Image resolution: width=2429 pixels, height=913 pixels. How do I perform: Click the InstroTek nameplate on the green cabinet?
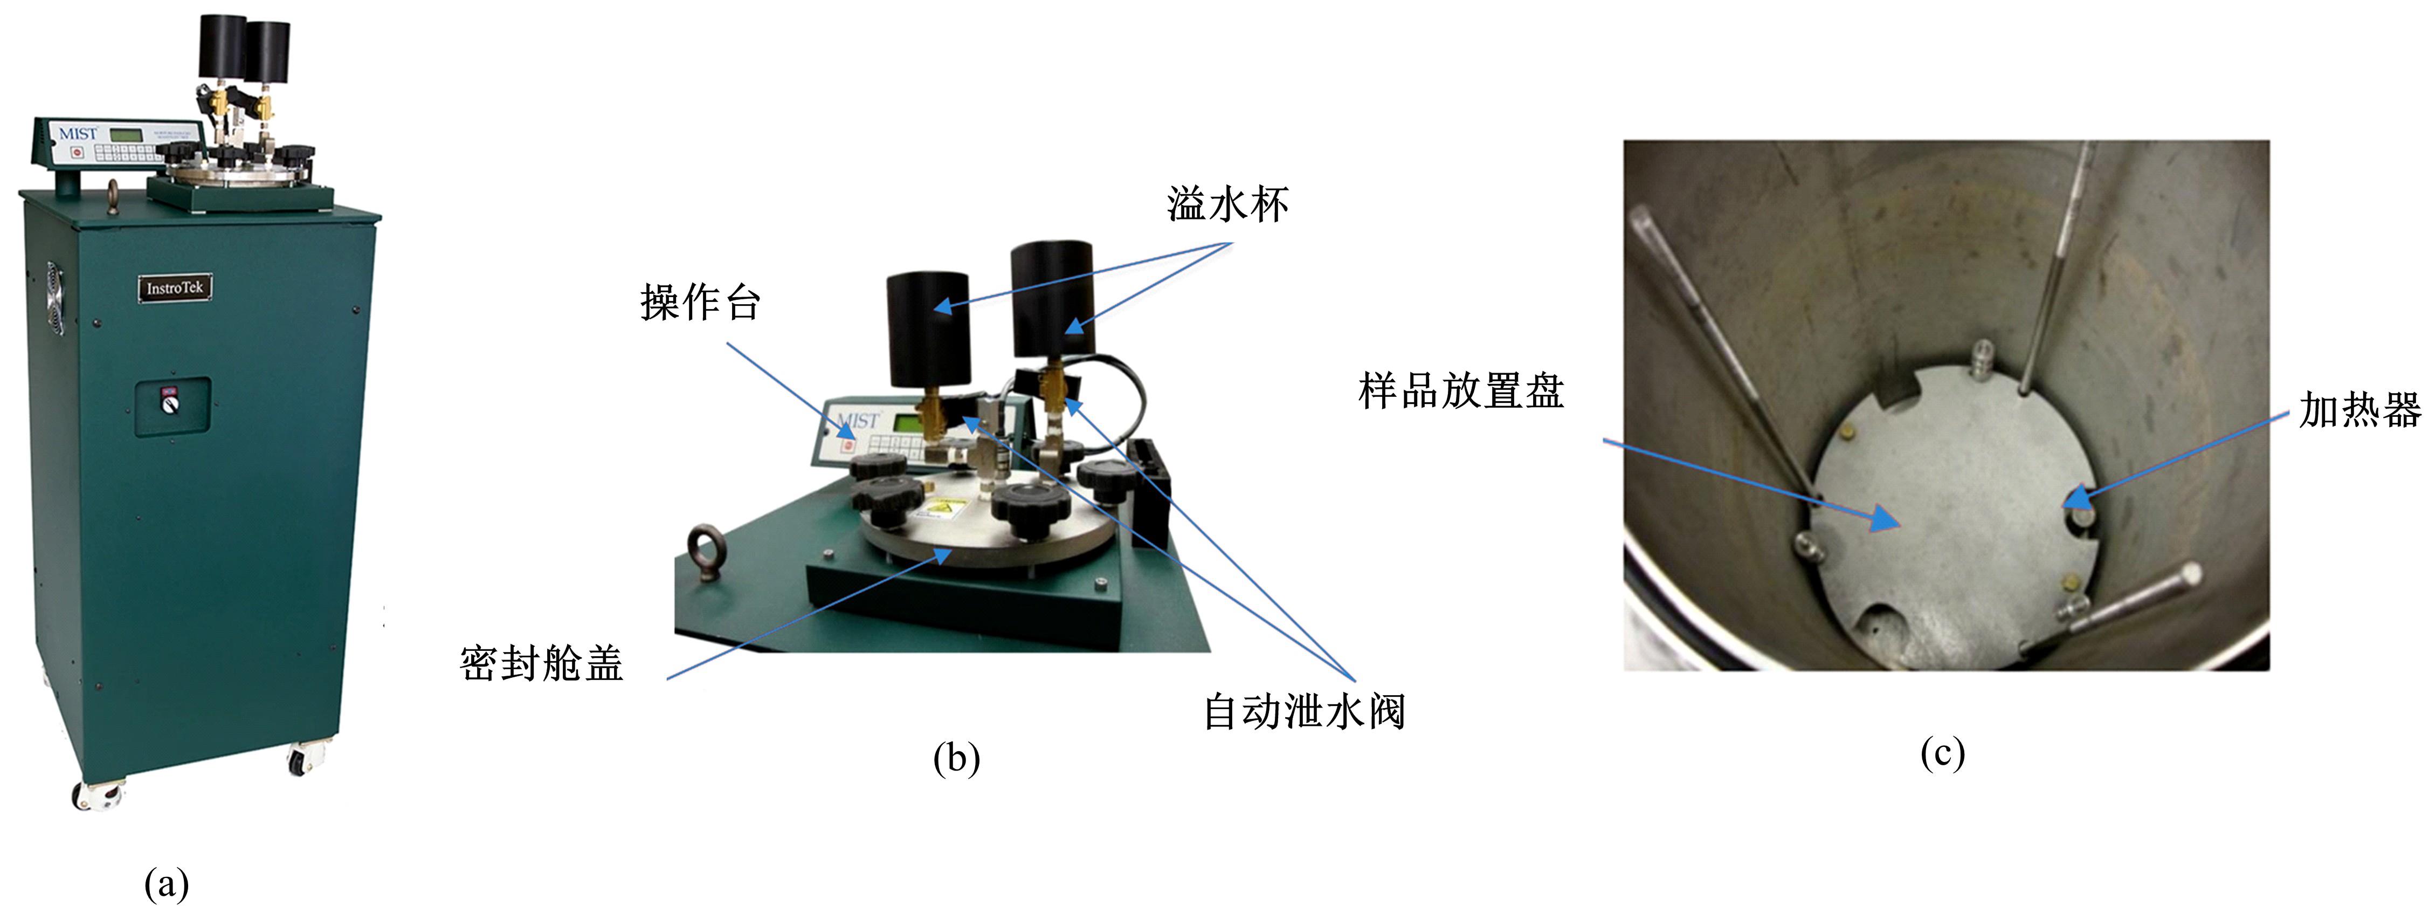pos(175,287)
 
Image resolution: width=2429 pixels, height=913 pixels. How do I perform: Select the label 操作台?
pos(700,303)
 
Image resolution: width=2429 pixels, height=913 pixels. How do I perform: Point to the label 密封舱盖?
pos(541,664)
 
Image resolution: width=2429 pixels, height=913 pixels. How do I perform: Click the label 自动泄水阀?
pos(1304,711)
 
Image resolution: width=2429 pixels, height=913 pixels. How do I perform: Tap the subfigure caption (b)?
pos(956,757)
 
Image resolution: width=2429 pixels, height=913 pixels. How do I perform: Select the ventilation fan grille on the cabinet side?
pos(54,297)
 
